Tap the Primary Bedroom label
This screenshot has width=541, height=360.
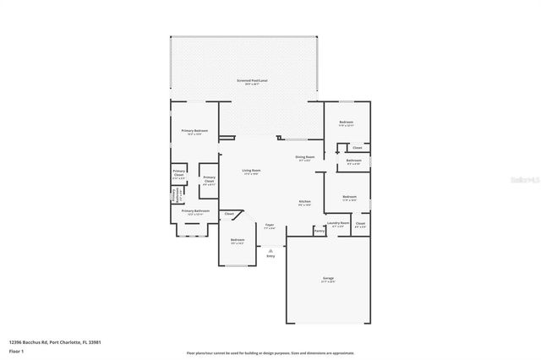(x=194, y=130)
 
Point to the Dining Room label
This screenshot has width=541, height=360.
(x=304, y=157)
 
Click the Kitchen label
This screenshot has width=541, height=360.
(x=304, y=202)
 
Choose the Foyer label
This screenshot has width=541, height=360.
(x=270, y=225)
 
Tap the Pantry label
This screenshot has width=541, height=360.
(x=319, y=230)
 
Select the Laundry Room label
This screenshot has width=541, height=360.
(x=338, y=225)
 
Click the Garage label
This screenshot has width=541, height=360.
(x=327, y=278)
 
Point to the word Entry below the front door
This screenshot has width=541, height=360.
(x=270, y=255)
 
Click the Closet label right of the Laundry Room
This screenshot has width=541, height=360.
(x=360, y=225)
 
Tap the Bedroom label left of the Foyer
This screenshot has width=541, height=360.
(x=238, y=240)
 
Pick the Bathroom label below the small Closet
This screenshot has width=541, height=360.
(x=353, y=161)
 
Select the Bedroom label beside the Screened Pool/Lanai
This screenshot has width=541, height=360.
(x=346, y=123)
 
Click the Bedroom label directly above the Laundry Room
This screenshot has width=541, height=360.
(x=350, y=197)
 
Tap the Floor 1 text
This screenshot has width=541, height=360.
(x=17, y=350)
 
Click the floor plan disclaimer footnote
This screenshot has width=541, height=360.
(x=270, y=352)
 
